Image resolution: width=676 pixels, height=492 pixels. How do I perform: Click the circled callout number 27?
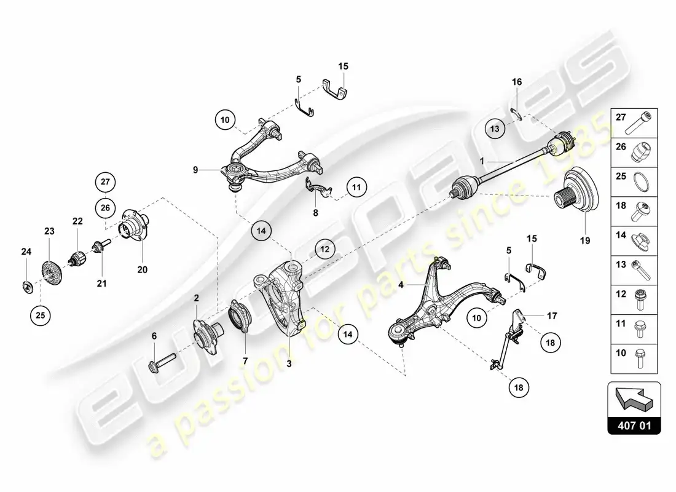click(x=106, y=181)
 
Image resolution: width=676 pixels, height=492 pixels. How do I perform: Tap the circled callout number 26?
click(x=106, y=208)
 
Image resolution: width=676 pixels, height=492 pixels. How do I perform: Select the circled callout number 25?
click(x=40, y=315)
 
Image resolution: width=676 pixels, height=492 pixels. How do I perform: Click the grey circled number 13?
click(x=495, y=129)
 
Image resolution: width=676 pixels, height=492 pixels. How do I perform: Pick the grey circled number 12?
click(x=324, y=249)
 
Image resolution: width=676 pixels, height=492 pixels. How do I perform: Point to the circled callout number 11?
click(x=356, y=188)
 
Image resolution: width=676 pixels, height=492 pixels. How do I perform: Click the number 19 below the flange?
click(x=584, y=240)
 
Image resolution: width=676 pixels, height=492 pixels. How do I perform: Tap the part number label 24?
click(x=26, y=251)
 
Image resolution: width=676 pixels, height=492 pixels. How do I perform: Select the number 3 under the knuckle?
click(x=289, y=364)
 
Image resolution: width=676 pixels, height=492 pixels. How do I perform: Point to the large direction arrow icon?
click(x=634, y=398)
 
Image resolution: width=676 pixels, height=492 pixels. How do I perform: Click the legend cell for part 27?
click(x=634, y=123)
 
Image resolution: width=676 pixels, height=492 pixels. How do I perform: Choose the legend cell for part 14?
click(x=634, y=241)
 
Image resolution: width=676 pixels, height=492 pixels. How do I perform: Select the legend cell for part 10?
click(x=634, y=359)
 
